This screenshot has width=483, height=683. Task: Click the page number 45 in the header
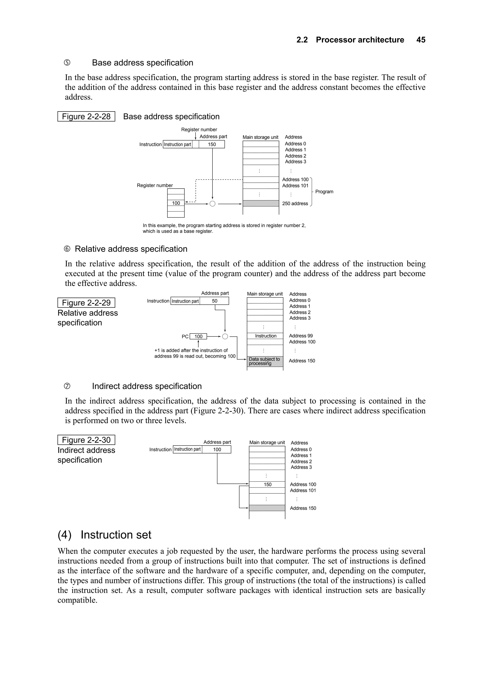coord(421,40)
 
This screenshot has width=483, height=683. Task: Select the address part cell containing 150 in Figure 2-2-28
coord(212,144)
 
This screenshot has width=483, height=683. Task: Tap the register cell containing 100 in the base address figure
coord(176,203)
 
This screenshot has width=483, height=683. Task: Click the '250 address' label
coord(295,203)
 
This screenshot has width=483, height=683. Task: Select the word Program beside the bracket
coord(324,192)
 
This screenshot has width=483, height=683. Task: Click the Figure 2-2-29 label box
coord(86,303)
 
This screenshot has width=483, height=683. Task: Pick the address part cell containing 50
coord(214,301)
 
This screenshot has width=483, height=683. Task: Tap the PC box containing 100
coord(198,336)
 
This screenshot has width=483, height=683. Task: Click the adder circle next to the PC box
coord(225,336)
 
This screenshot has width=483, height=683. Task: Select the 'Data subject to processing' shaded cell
coord(265,361)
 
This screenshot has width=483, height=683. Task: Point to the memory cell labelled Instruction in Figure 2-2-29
coord(265,336)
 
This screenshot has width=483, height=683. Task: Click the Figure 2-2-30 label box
coord(86,440)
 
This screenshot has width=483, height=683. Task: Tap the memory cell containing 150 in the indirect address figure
coord(267,484)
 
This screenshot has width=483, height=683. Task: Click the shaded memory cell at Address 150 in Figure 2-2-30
coord(267,508)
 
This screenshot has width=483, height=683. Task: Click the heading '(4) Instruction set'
coord(104,535)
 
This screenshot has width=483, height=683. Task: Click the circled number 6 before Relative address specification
coord(67,249)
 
